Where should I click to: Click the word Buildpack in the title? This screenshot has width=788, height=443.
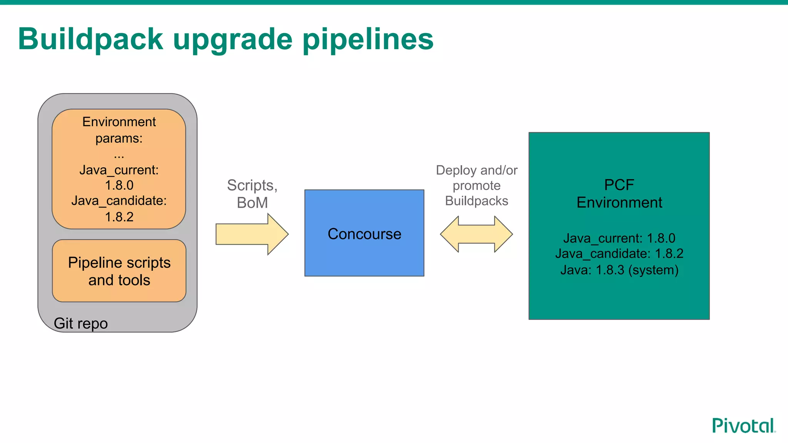point(91,39)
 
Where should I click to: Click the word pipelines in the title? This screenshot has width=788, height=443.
point(368,39)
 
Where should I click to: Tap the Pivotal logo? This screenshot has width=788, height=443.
point(743,426)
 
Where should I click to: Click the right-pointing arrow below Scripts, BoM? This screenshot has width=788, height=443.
point(252,234)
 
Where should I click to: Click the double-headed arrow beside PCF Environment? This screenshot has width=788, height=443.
point(476,234)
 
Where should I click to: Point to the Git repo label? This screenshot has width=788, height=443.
point(80,323)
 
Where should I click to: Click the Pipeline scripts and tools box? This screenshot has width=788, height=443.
point(119,271)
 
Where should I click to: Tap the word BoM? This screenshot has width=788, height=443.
point(252,203)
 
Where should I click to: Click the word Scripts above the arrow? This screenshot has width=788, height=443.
point(250,185)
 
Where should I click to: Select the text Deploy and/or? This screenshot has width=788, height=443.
point(476,170)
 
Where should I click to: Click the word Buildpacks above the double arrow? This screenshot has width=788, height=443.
point(476,201)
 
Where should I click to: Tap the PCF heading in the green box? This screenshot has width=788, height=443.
point(619,185)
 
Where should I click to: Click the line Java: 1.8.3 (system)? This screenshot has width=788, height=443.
point(619,270)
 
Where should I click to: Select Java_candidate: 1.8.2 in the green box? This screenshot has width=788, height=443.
point(619,254)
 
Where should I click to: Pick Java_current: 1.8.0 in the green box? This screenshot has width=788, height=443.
point(619,238)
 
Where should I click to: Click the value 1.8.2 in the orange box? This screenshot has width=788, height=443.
point(119,217)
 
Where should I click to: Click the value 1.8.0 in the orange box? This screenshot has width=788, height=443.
point(119,185)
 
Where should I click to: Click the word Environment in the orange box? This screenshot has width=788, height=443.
point(119,122)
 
